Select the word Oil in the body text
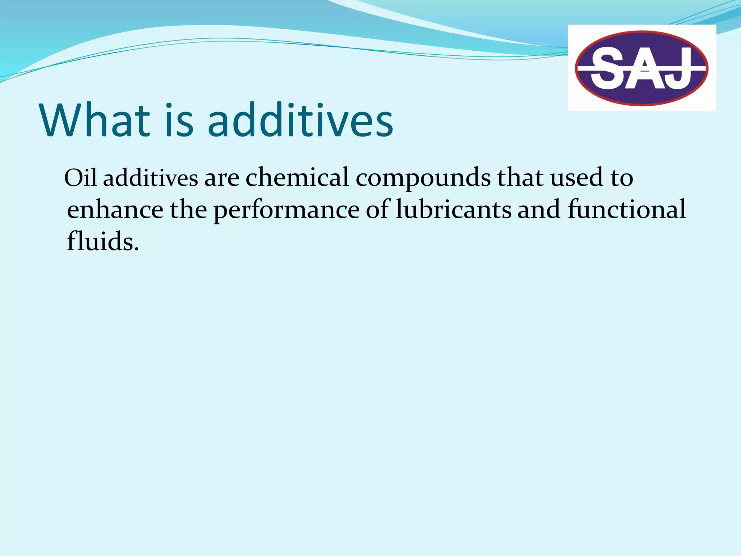coord(80,177)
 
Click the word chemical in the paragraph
coord(297,177)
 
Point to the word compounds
coord(423,178)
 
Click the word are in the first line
coord(222,178)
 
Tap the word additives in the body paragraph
coord(151,177)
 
